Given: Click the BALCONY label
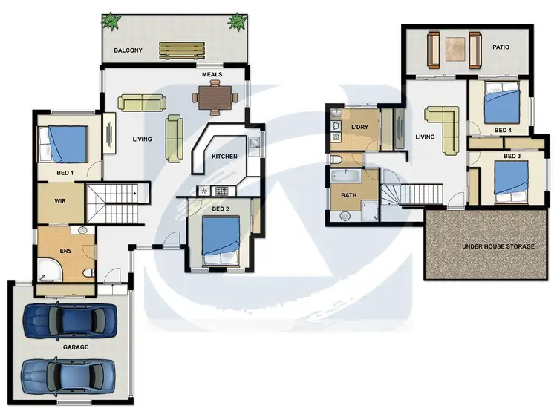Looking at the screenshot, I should pyautogui.click(x=128, y=51).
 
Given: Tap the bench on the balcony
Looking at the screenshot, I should pyautogui.click(x=181, y=50).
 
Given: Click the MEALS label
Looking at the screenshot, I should pyautogui.click(x=212, y=74).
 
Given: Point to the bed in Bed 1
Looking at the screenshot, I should pyautogui.click(x=63, y=144).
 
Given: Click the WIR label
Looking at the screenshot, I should pyautogui.click(x=62, y=201).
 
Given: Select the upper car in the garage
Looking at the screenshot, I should pyautogui.click(x=70, y=320).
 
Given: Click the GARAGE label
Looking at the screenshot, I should pyautogui.click(x=76, y=347).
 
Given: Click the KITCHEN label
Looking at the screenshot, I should pyautogui.click(x=224, y=157).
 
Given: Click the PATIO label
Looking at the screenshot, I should pyautogui.click(x=502, y=47).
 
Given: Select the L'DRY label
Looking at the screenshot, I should pyautogui.click(x=360, y=128).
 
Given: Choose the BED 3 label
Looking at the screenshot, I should pyautogui.click(x=512, y=157).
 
